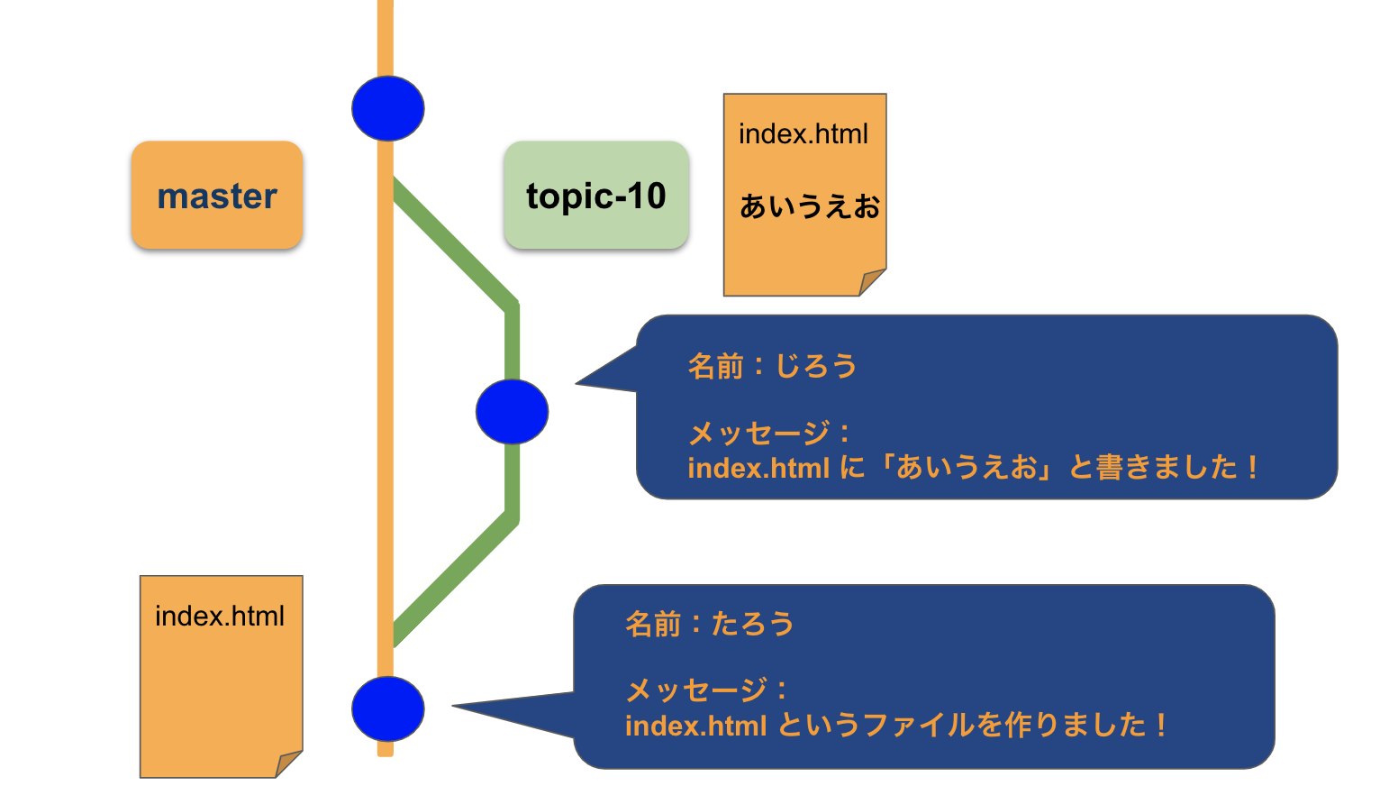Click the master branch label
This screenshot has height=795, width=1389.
click(x=217, y=196)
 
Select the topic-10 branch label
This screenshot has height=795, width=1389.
click(x=596, y=196)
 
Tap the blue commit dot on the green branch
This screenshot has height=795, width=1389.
click(x=512, y=412)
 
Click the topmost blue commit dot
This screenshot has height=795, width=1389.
click(x=387, y=108)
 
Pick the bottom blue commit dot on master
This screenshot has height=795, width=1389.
click(x=387, y=709)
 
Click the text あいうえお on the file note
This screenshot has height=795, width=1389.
click(x=809, y=207)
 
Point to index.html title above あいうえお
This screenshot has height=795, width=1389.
click(x=803, y=134)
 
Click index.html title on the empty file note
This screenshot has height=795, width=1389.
click(x=219, y=617)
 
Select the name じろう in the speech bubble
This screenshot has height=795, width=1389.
click(x=816, y=366)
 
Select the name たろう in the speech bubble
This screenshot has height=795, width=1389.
click(x=753, y=624)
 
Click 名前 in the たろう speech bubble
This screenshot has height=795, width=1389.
click(x=653, y=624)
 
